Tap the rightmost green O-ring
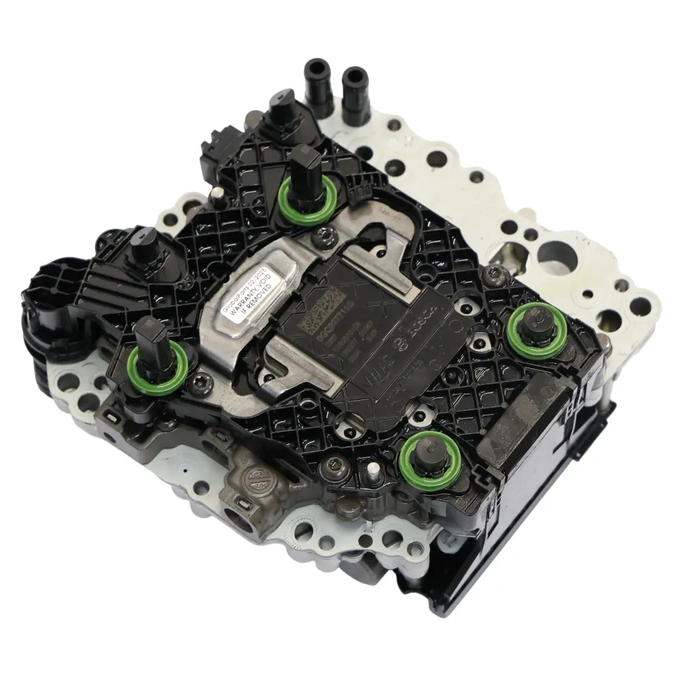(x=533, y=330)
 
